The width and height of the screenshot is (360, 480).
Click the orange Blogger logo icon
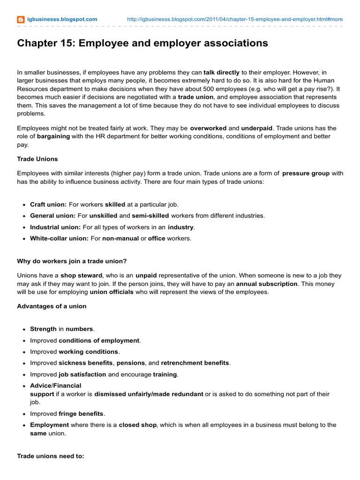(x=21, y=19)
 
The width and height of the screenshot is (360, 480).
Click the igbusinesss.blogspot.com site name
(x=62, y=19)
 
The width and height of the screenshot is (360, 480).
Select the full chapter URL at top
(x=235, y=19)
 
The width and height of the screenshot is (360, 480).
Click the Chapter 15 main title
(x=142, y=43)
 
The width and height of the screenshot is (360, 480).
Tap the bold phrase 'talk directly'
(x=221, y=73)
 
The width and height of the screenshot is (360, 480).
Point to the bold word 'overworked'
(x=208, y=128)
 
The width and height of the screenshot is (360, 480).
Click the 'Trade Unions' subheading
(x=37, y=159)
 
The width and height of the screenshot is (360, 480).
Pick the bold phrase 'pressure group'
(x=306, y=173)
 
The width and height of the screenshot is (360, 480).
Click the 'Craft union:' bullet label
(x=48, y=204)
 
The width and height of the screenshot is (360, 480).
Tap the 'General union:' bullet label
(x=52, y=216)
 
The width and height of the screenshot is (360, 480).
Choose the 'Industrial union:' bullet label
(x=55, y=227)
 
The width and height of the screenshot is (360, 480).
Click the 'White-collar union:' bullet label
(x=59, y=238)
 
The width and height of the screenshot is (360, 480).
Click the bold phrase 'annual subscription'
(x=267, y=284)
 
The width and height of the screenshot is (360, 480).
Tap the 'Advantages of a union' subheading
(x=52, y=306)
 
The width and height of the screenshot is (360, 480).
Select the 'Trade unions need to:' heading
(x=51, y=456)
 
